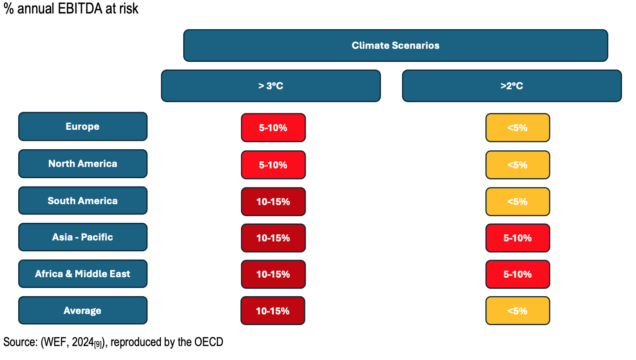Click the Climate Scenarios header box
point(396,46)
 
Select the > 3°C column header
point(271,86)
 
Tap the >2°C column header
point(512,86)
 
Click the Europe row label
point(83,127)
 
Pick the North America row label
point(83,164)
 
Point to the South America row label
point(83,200)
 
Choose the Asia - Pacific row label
point(83,237)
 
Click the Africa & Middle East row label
point(83,273)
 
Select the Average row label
point(83,310)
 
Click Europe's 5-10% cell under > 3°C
point(273,127)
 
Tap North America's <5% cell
point(517,165)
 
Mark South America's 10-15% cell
point(273,202)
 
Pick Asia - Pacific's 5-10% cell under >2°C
point(517,238)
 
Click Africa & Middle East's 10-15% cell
point(273,274)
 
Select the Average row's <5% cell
point(517,311)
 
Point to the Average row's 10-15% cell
point(272,311)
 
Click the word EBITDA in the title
point(80,8)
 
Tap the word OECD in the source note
point(209,342)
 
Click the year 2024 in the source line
point(83,342)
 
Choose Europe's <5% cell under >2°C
point(517,127)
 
